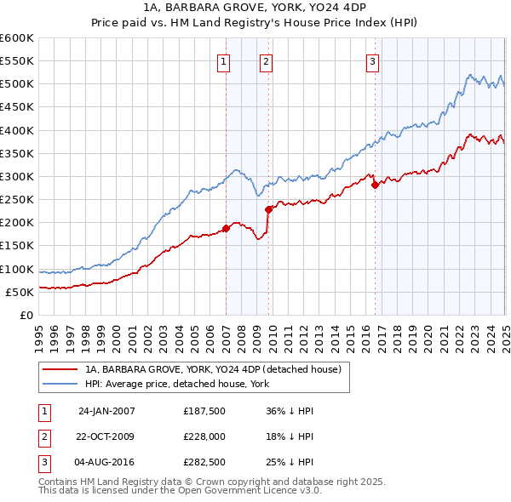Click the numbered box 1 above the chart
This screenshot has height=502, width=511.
(222, 60)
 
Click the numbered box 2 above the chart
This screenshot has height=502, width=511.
(266, 60)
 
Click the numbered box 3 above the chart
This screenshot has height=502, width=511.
(373, 60)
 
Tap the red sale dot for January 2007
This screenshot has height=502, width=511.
(227, 228)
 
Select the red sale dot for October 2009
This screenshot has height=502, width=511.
(268, 209)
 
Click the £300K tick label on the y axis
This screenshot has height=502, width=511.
(17, 176)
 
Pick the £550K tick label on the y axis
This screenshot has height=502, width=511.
(17, 61)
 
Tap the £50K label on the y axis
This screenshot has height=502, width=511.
(20, 292)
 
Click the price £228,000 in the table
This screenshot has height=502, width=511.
(204, 436)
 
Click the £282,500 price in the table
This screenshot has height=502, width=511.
(204, 462)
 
